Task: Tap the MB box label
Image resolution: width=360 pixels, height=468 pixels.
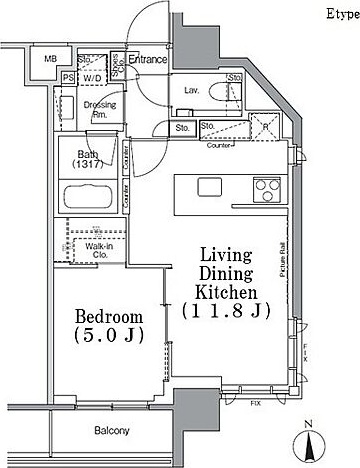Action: [x=50, y=60]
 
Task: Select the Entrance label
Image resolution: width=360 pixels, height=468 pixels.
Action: [x=147, y=59]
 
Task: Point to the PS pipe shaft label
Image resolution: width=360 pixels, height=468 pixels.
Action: [x=68, y=76]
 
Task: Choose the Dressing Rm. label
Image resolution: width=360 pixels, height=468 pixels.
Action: [x=96, y=108]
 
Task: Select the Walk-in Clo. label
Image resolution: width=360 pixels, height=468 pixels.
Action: [x=97, y=250]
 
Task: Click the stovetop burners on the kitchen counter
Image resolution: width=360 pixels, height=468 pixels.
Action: [x=267, y=187]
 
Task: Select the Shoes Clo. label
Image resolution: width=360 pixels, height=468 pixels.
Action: [x=117, y=66]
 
